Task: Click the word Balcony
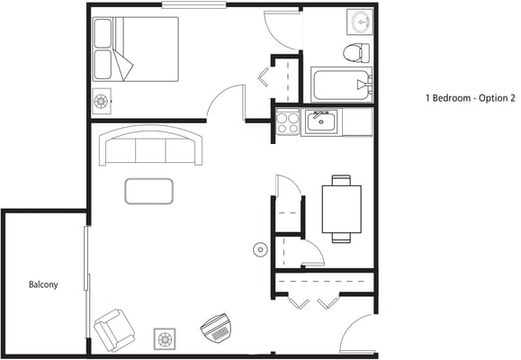(x=42, y=285)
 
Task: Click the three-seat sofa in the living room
(x=151, y=146)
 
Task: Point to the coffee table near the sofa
(x=148, y=191)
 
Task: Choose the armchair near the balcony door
(x=114, y=329)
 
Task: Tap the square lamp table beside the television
(x=165, y=338)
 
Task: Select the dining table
(x=341, y=209)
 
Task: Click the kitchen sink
(x=319, y=121)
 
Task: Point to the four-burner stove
(x=288, y=121)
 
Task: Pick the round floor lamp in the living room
(x=260, y=249)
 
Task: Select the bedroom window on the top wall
(x=193, y=5)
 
